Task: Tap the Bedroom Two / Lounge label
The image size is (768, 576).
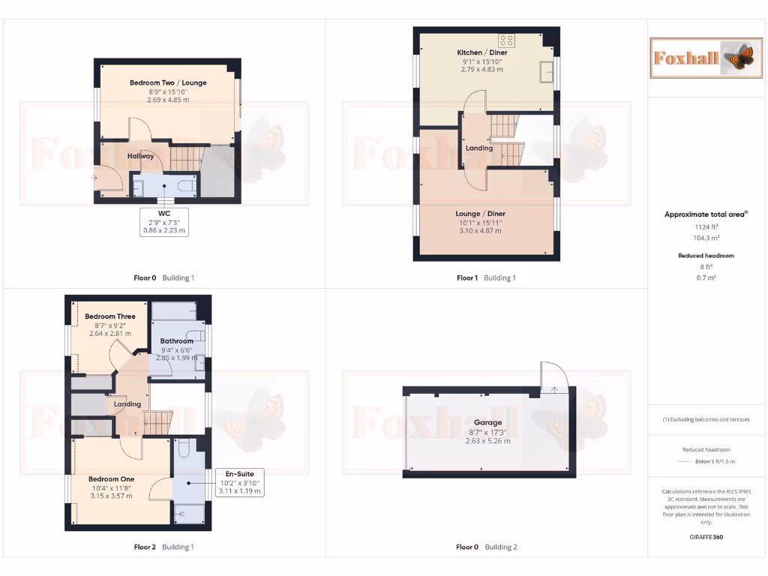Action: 168,82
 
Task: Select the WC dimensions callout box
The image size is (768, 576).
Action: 165,222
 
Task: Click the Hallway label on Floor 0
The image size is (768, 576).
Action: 140,156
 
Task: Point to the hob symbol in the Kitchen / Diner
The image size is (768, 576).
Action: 507,41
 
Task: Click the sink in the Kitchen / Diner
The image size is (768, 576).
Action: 545,72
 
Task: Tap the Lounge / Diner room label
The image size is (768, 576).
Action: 480,213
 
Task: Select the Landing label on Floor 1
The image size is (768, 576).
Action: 479,148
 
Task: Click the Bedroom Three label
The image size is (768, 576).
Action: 110,316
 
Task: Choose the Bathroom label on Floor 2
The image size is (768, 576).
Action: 177,341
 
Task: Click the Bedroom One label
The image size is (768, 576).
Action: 111,478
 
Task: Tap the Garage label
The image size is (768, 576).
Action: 487,423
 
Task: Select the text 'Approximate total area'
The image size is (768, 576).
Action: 705,214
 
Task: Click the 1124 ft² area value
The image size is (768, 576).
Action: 705,226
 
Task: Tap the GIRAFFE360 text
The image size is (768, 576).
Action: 705,537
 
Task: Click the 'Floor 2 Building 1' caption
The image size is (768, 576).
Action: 163,547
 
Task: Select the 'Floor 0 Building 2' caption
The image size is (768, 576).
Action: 486,547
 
